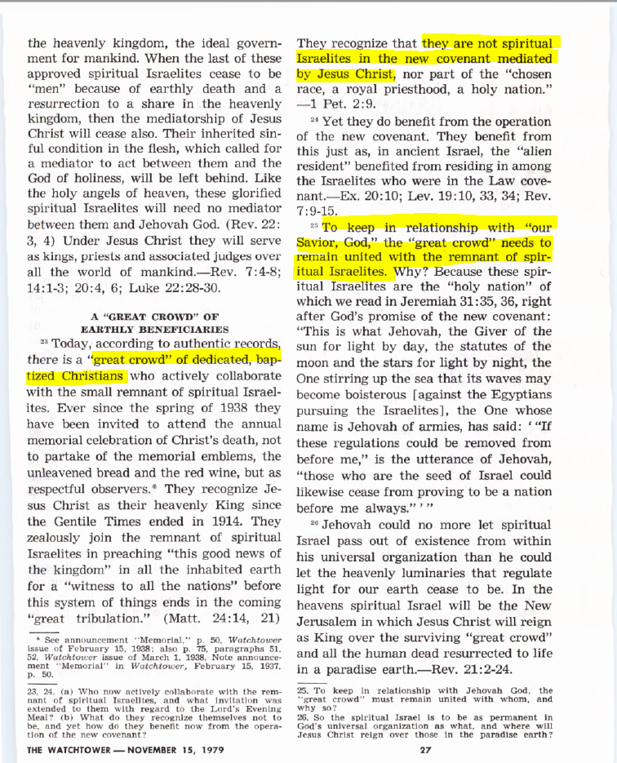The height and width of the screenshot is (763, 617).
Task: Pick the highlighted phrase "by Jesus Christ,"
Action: click(346, 74)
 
